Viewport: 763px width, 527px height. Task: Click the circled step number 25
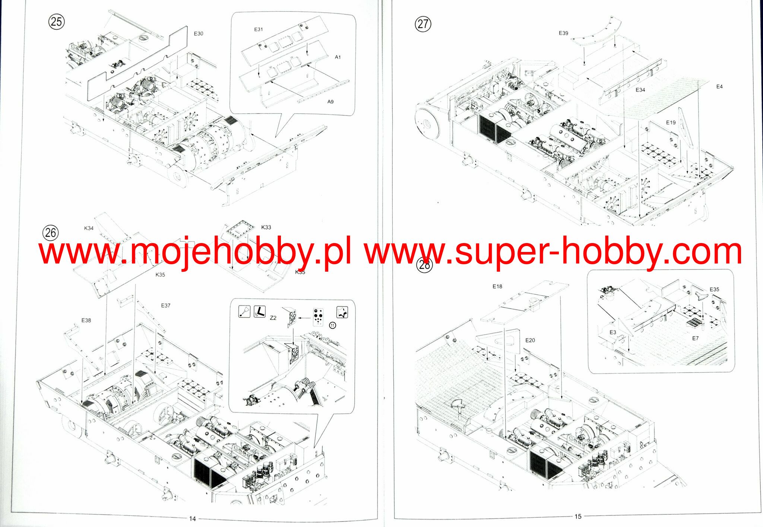pyautogui.click(x=56, y=22)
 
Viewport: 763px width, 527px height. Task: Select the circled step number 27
pyautogui.click(x=423, y=24)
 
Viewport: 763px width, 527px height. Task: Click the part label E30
pyautogui.click(x=199, y=34)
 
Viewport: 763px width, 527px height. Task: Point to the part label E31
pyautogui.click(x=259, y=29)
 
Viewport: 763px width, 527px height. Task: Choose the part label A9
pyautogui.click(x=330, y=102)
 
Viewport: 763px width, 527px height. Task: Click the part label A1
pyautogui.click(x=338, y=57)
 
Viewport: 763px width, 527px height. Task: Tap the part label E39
pyautogui.click(x=563, y=33)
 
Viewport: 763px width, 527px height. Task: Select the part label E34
pyautogui.click(x=640, y=90)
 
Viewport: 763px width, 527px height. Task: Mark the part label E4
pyautogui.click(x=719, y=87)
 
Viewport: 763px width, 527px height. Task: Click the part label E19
pyautogui.click(x=671, y=122)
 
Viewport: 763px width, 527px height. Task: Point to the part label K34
pyautogui.click(x=89, y=228)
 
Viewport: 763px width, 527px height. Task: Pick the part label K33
pyautogui.click(x=266, y=227)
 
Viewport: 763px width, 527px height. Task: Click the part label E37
pyautogui.click(x=165, y=306)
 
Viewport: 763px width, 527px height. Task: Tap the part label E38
pyautogui.click(x=86, y=320)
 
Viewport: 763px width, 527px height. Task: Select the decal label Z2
pyautogui.click(x=273, y=318)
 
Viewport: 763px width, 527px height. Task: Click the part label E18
pyautogui.click(x=497, y=287)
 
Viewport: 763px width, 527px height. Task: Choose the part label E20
pyautogui.click(x=530, y=340)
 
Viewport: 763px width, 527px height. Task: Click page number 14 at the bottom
pyautogui.click(x=192, y=518)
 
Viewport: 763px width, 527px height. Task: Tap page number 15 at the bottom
pyautogui.click(x=578, y=517)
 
